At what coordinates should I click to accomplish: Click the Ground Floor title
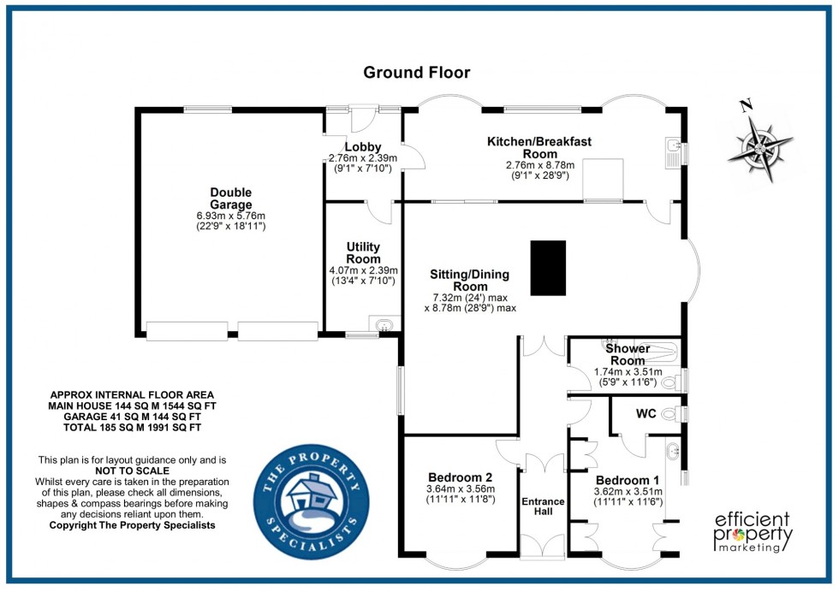[417, 72]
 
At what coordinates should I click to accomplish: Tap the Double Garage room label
[231, 198]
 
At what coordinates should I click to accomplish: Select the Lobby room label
[363, 147]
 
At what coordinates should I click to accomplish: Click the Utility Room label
[363, 252]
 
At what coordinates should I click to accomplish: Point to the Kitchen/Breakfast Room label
[539, 147]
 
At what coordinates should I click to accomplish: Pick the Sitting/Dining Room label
[469, 281]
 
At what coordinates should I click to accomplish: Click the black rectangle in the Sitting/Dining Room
[548, 268]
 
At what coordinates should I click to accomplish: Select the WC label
[646, 414]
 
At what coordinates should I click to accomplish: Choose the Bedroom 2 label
[460, 477]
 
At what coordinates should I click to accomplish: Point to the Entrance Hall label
[544, 506]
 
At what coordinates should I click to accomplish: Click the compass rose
[759, 145]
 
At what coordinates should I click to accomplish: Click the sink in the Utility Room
[384, 323]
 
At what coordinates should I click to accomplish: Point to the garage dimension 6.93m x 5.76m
[231, 216]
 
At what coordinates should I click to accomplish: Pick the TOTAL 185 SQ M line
[131, 426]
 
